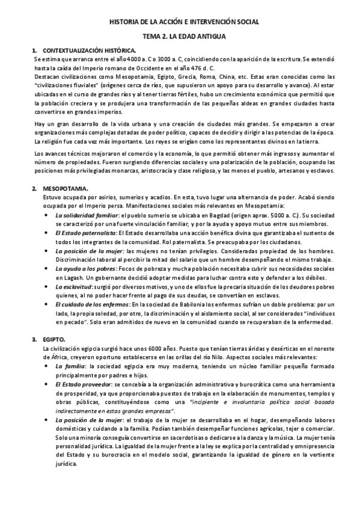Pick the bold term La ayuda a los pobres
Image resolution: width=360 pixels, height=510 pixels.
coord(85,269)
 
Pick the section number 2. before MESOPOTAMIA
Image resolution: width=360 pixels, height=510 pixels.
coord(35,189)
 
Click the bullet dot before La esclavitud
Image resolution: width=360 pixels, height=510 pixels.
coord(47,287)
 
